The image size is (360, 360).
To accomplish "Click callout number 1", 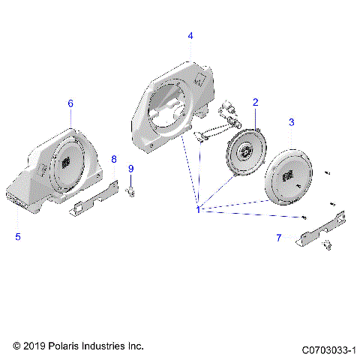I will [197, 211].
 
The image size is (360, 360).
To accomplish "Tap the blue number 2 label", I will [255, 102].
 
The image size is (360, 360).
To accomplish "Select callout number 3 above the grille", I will [292, 121].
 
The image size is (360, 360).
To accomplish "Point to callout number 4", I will [190, 36].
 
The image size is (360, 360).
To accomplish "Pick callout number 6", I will [70, 103].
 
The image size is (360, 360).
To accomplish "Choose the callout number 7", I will [279, 238].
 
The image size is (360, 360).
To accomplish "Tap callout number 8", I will [114, 159].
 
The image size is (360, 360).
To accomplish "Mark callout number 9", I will [130, 169].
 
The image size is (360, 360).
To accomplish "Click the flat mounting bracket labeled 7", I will [322, 228].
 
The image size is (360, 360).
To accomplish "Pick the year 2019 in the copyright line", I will [34, 346].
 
